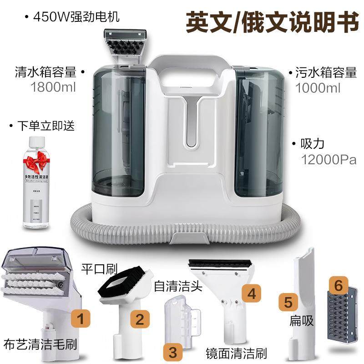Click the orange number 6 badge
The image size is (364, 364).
pyautogui.click(x=338, y=285)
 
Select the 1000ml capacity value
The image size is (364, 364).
pyautogui.click(x=318, y=88)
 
